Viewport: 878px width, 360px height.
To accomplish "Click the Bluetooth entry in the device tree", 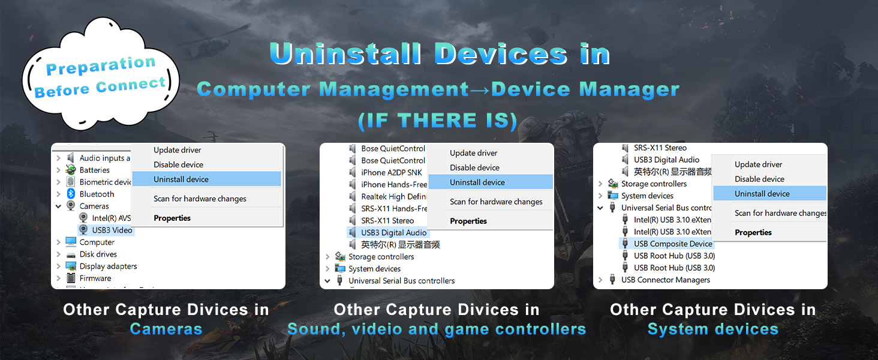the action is coord(97,194).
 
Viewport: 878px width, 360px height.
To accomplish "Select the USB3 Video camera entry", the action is coord(112,230).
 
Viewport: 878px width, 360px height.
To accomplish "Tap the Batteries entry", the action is coord(95,170).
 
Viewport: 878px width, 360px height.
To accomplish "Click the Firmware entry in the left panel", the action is coord(95,278).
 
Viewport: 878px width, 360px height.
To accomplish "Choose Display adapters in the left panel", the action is coord(108,266).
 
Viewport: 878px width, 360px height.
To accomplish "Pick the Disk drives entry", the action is coord(98,254).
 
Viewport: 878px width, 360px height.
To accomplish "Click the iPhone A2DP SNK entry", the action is coord(392,173).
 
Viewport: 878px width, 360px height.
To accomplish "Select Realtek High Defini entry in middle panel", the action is coord(393,197).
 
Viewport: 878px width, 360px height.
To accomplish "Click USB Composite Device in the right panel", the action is coord(673,244).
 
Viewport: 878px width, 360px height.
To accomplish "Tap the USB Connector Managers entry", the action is coord(666,280).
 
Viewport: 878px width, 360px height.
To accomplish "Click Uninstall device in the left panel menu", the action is coord(181,179).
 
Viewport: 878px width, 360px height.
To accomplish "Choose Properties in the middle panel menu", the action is coord(468,221).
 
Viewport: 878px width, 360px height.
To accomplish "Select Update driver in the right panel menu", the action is coord(758,165).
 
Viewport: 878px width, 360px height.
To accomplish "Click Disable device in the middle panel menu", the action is coord(474,168).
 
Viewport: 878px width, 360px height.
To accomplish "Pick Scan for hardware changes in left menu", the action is coord(200,199).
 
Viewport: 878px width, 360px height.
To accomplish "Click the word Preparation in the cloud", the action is coord(101,65).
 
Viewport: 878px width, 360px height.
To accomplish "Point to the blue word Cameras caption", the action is coord(166,329).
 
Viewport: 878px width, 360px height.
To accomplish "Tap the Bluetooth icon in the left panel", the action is coord(71,194).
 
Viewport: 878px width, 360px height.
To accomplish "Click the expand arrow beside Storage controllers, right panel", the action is coord(600,184).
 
